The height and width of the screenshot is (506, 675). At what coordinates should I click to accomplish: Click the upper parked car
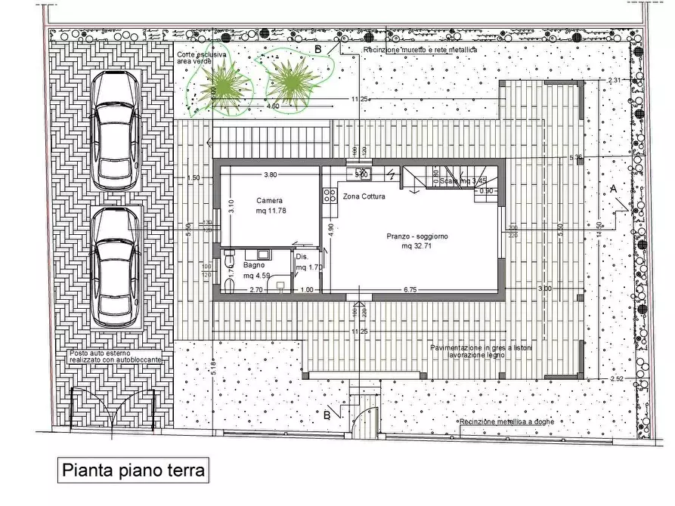tap(115, 131)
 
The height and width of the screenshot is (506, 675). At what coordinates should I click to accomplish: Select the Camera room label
tap(269, 205)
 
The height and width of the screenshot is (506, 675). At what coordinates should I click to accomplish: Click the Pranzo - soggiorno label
tap(417, 240)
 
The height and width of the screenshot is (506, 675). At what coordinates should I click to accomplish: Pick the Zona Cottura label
tap(364, 196)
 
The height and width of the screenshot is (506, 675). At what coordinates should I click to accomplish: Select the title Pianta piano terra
tap(132, 471)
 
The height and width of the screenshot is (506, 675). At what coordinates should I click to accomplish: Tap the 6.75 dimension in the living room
tap(410, 289)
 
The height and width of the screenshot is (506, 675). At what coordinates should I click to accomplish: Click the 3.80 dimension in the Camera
tap(270, 174)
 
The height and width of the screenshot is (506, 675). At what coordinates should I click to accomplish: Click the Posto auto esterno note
tap(115, 356)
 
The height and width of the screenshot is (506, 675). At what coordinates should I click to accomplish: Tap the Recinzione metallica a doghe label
tap(505, 421)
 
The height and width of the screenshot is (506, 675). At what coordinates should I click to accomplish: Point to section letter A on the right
tap(612, 189)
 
